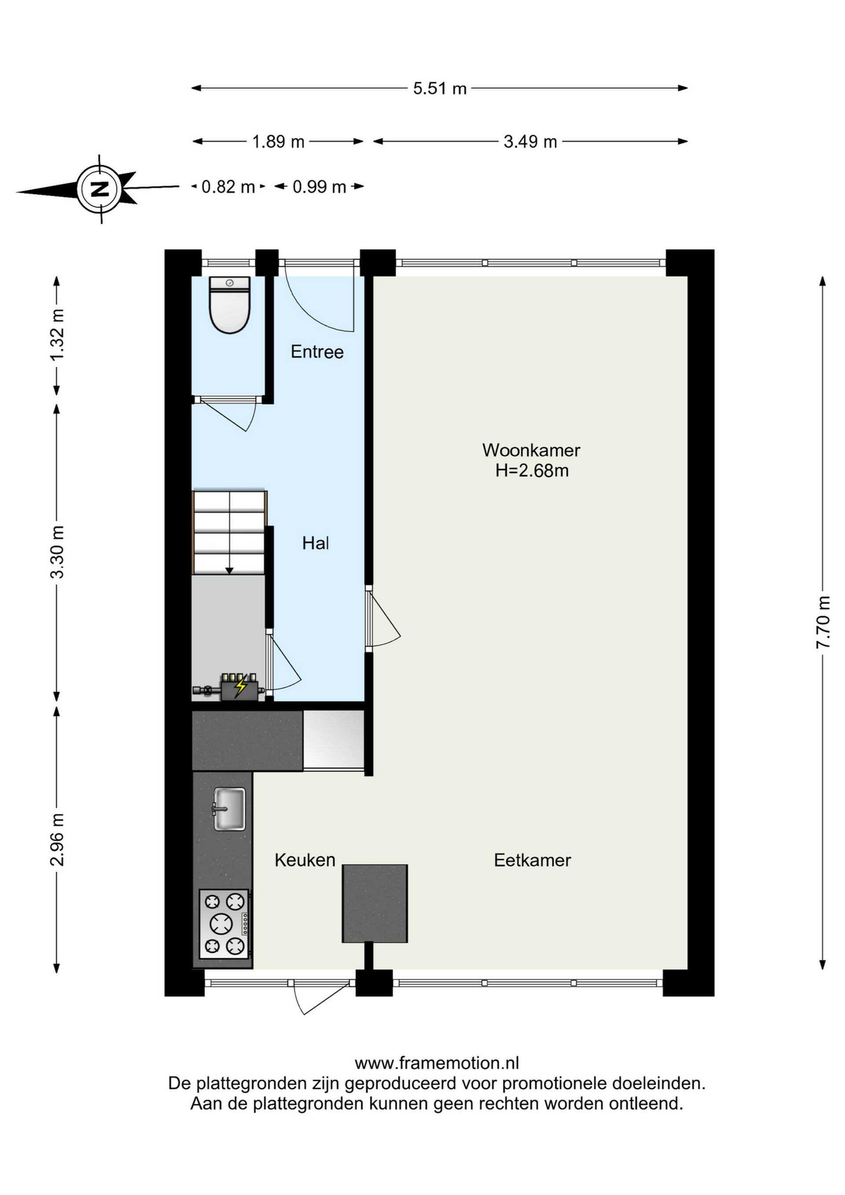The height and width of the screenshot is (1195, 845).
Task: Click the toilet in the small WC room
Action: tap(229, 305)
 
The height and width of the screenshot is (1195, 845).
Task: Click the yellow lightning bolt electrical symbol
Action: tap(240, 686)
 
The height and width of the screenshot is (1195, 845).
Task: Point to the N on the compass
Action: tap(99, 189)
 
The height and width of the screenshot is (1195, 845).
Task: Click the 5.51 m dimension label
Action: tap(440, 89)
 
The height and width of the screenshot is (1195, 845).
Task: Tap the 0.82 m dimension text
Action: tap(228, 186)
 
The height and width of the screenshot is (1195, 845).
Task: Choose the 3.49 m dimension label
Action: tap(530, 142)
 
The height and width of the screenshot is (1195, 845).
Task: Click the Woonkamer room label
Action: tap(531, 450)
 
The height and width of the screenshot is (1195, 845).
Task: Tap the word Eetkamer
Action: tap(532, 860)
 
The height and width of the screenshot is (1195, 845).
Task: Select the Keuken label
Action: tap(305, 860)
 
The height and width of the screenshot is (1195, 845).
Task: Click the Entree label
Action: tap(317, 352)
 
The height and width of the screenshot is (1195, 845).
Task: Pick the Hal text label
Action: tap(315, 543)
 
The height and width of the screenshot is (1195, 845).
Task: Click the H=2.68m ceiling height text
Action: tap(532, 471)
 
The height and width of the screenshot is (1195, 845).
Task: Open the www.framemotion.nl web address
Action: tap(437, 1062)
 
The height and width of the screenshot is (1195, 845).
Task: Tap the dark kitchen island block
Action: tap(375, 904)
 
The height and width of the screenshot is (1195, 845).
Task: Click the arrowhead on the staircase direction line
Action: tap(229, 571)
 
